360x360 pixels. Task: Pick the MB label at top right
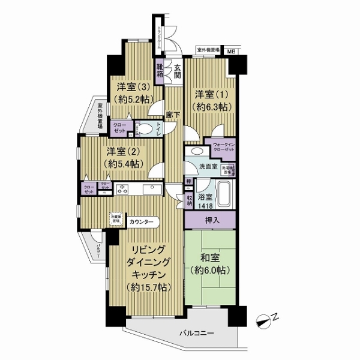[x=231, y=52]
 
